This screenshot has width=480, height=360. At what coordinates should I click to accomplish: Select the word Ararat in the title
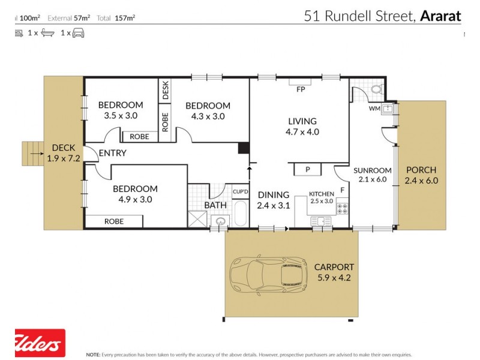pos(440,16)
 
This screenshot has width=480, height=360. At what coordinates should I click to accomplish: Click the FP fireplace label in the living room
pos(301,90)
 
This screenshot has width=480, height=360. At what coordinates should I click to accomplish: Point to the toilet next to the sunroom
pos(377,89)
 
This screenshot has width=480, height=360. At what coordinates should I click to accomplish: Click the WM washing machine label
pos(374,109)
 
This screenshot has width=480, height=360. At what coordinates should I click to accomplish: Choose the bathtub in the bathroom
pos(240,213)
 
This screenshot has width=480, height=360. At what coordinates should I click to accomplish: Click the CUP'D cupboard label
pos(241,191)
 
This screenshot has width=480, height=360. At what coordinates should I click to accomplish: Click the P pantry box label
pos(308,170)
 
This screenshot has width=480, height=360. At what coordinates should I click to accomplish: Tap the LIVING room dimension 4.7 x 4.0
pos(302,131)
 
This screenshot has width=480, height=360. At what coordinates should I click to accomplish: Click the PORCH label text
pos(421,170)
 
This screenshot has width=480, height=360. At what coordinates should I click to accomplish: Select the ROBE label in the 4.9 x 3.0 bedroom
pos(114,221)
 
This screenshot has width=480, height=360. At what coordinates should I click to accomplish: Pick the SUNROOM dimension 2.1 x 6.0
pos(372,179)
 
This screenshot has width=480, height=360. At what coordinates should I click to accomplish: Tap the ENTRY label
pos(112,153)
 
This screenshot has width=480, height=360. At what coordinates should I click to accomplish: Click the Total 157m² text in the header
pos(118,17)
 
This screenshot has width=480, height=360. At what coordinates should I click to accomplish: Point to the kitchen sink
pos(321,222)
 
